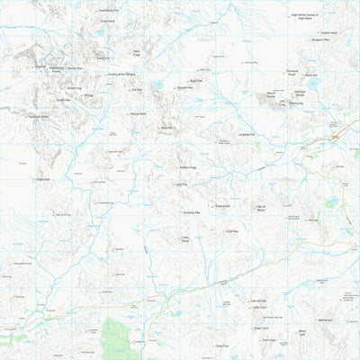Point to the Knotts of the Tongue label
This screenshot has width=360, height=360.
point(123,75)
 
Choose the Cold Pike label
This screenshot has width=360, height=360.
point(230,231)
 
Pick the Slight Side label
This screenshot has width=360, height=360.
point(41,179)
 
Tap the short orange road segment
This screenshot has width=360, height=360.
point(335,136)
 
